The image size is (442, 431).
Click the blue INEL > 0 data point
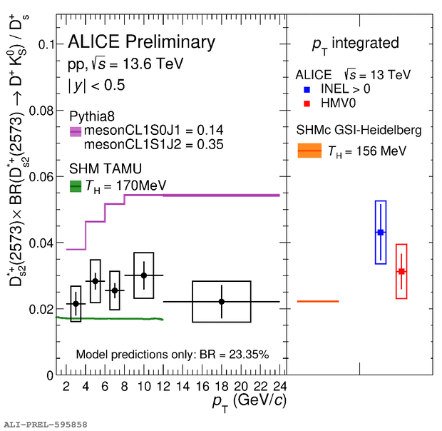click(x=381, y=233)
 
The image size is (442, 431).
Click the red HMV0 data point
click(x=401, y=271)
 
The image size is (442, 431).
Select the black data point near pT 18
click(x=222, y=302)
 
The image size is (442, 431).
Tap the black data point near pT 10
click(x=144, y=275)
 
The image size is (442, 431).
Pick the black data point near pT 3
click(x=76, y=303)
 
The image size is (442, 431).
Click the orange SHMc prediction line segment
click(x=318, y=302)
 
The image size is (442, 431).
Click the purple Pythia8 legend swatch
click(x=76, y=131)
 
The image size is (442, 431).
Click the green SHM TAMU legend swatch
click(x=76, y=186)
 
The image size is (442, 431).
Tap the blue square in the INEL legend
click(x=307, y=91)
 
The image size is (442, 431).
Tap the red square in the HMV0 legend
click(x=307, y=103)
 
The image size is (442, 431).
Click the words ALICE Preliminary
click(x=141, y=42)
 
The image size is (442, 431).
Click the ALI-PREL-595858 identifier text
click(x=46, y=424)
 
